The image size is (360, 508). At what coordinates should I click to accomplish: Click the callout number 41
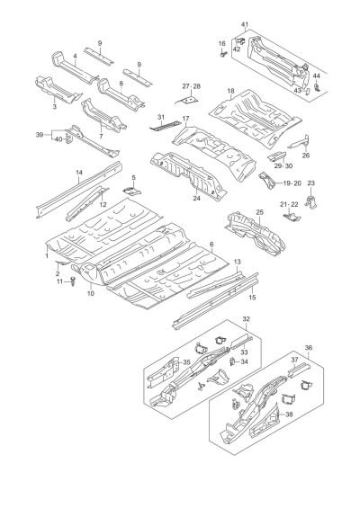tap(245, 24)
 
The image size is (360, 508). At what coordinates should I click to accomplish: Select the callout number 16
tap(221, 44)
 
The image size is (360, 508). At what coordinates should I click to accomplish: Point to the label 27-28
tap(192, 86)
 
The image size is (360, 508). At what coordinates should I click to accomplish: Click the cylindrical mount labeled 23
tap(311, 201)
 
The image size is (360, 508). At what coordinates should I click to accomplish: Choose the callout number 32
tap(247, 319)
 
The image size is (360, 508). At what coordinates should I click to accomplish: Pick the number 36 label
tap(309, 348)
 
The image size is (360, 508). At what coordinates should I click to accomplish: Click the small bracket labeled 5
tap(132, 191)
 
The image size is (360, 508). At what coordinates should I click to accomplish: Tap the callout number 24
tap(196, 199)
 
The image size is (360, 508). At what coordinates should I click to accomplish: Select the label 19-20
tap(292, 183)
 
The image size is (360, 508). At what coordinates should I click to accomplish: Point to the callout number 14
tap(79, 173)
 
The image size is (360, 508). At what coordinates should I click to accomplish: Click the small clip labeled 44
tap(317, 87)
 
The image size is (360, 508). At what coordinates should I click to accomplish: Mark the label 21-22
tap(289, 204)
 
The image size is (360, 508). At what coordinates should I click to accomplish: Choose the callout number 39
tap(40, 135)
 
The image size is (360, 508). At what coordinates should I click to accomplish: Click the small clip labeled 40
tap(67, 139)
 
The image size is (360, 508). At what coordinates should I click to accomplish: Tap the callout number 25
tap(260, 212)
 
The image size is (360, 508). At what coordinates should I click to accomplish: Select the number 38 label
tap(289, 414)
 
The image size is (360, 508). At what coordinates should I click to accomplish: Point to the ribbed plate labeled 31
tap(165, 126)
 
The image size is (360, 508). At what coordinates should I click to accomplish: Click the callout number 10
tap(91, 293)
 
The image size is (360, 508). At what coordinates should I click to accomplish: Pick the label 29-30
tap(283, 165)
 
